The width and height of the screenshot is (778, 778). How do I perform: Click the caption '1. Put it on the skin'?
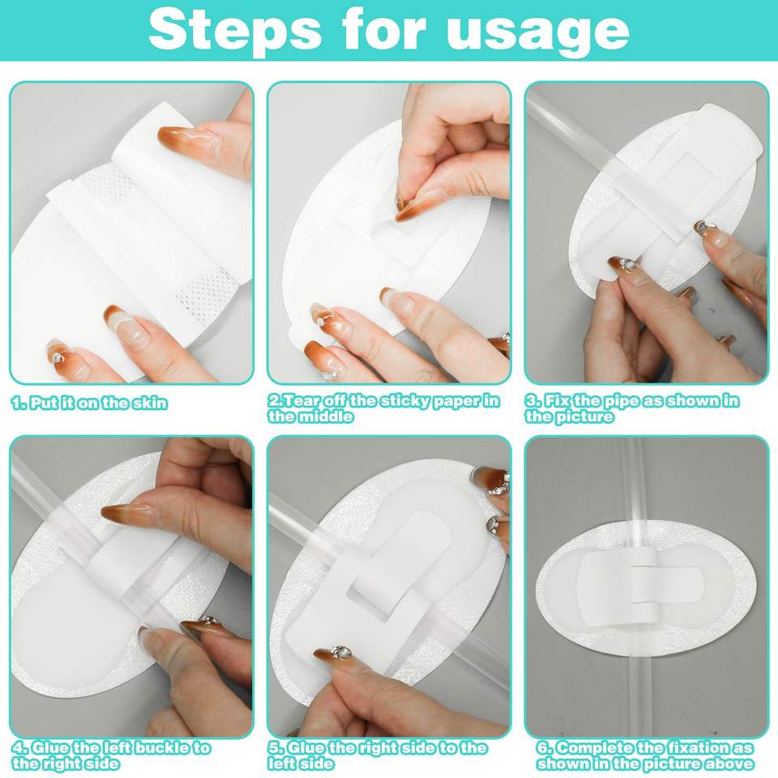pos(89,403)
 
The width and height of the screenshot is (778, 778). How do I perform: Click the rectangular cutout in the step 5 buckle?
pos(372,597)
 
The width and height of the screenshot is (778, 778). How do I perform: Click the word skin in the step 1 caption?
pos(151,403)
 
